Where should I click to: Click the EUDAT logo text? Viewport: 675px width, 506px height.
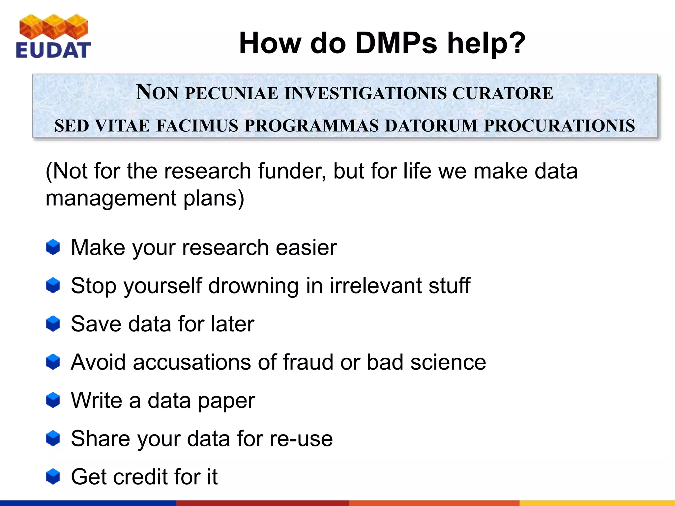click(x=53, y=50)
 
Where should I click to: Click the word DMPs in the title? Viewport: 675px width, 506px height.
click(x=396, y=43)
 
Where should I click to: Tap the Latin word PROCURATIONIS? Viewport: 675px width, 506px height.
click(x=559, y=126)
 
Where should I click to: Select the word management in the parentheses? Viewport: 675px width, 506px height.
click(x=111, y=198)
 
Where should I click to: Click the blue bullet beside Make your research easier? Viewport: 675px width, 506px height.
click(x=53, y=247)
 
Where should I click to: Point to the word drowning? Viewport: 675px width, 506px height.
click(x=253, y=286)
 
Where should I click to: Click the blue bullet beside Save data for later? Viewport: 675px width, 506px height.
click(x=53, y=324)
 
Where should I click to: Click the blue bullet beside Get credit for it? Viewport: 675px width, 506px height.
click(x=53, y=477)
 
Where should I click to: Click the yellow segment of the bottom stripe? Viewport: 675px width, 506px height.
click(x=597, y=503)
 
